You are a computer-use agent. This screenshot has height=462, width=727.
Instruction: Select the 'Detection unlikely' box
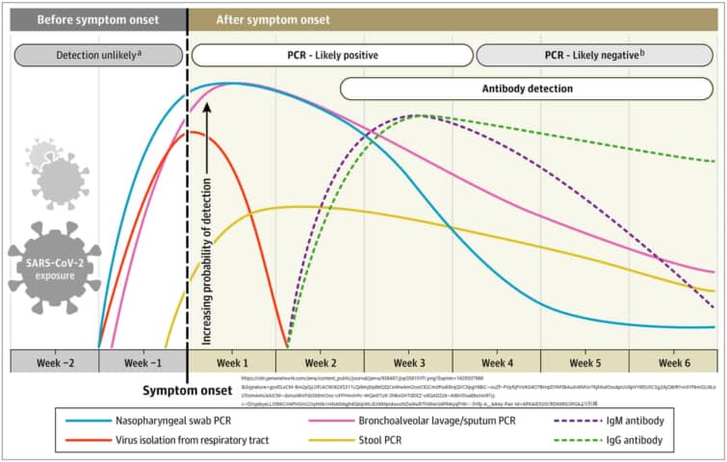click(x=99, y=55)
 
